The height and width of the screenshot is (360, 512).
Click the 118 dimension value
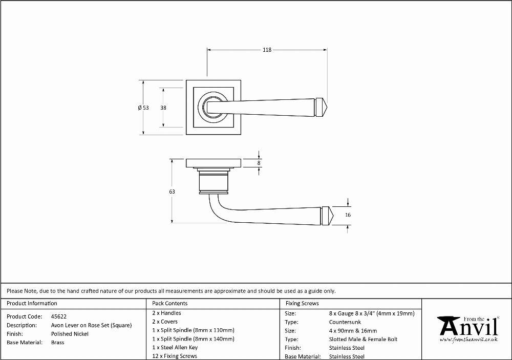pos(267,50)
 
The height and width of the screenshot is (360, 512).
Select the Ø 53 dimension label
pos(143,108)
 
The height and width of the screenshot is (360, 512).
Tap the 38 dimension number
pos(163,108)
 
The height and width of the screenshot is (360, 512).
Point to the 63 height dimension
pos(172,192)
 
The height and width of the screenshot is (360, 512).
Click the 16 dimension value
pos(348,215)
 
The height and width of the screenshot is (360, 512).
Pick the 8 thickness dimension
pos(259,163)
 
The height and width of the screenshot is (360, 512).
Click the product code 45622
pos(59,316)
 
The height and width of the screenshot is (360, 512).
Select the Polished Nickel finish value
pos(70,334)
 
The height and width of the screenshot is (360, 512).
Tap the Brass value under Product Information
pos(57,343)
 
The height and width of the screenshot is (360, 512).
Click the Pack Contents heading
pos(170,303)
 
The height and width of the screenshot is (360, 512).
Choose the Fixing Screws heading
pos(302,303)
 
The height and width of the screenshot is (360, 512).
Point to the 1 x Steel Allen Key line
pos(175,347)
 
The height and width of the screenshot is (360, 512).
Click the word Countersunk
pos(345,322)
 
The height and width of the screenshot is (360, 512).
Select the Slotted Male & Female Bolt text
pos(363,339)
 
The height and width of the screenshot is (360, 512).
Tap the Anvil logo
pos(468,329)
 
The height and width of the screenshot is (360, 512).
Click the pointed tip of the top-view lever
pos(327,107)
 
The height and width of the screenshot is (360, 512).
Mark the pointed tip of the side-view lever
pos(333,216)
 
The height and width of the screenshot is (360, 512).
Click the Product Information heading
pos(32,303)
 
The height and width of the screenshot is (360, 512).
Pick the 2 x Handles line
pos(166,312)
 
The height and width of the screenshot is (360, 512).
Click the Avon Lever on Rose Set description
pos(92,325)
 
